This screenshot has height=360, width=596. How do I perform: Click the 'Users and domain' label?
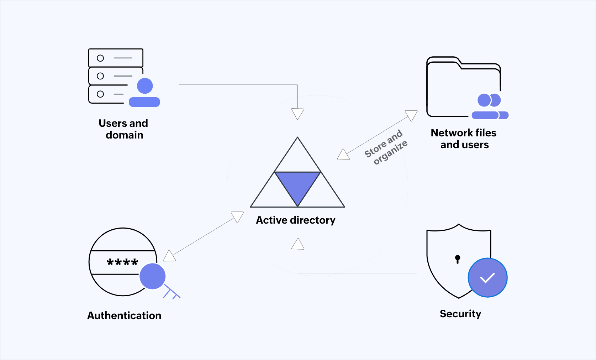[x=123, y=129]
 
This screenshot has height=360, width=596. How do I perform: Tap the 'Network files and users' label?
[x=464, y=139]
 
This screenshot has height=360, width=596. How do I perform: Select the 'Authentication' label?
[x=124, y=315]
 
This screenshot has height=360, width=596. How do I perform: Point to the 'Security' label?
[x=460, y=314]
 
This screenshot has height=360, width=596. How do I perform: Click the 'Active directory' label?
[x=295, y=220]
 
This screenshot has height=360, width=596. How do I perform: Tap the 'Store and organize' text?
[x=386, y=147]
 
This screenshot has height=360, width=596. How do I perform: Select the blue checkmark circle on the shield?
[x=487, y=278]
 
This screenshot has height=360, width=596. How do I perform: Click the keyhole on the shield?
[x=458, y=259]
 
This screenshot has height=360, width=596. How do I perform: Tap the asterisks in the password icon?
[x=122, y=262]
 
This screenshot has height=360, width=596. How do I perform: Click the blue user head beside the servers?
[x=145, y=86]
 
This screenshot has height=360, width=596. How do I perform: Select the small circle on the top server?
[x=100, y=58]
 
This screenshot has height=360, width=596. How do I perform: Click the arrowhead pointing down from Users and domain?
[x=297, y=113]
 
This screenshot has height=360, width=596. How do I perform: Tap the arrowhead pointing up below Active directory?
[x=298, y=244]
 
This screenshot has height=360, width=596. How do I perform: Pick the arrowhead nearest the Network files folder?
[x=412, y=115]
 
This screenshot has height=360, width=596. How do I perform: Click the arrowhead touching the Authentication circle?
[x=169, y=256]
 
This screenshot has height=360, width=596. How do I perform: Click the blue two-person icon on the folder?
[x=490, y=106]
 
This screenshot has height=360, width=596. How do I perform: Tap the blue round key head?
[x=153, y=276]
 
